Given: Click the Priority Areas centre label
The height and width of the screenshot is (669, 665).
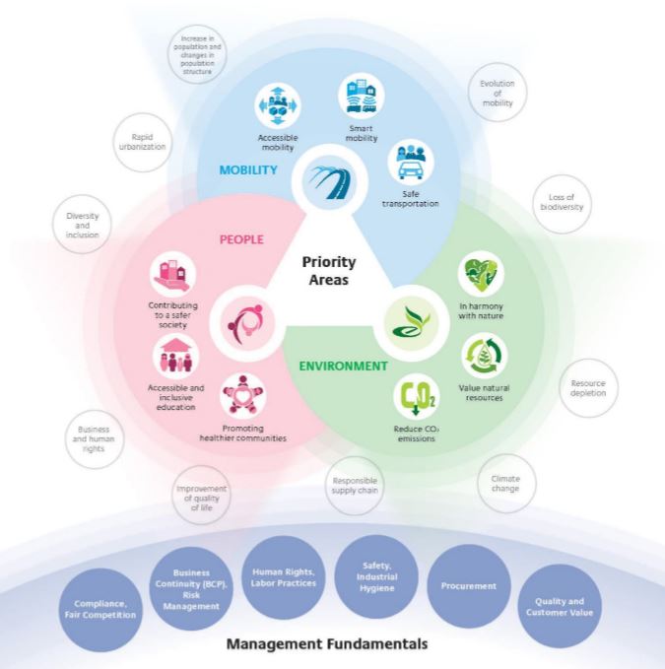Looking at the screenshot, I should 329,271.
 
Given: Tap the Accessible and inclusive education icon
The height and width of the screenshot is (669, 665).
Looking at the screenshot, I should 178,356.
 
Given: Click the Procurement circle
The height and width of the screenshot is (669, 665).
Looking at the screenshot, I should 462,585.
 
